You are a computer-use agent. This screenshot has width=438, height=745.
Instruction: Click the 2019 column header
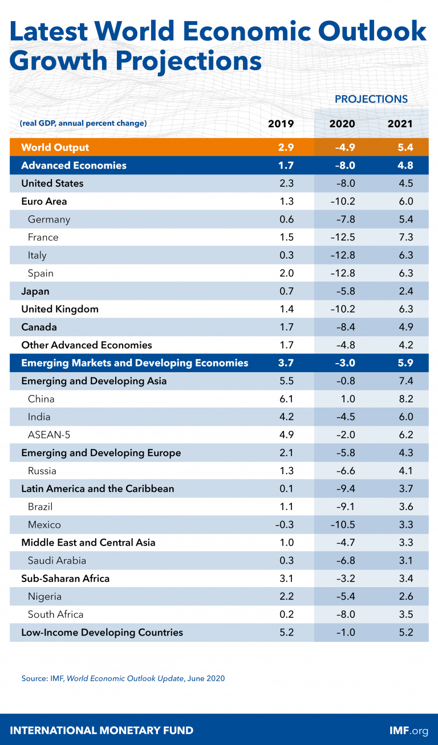281,124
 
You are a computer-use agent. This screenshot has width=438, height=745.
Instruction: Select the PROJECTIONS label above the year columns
371,99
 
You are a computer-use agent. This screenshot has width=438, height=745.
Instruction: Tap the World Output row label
55,148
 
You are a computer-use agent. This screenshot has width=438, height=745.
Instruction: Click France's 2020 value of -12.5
342,237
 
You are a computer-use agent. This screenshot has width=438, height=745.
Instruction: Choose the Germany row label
49,219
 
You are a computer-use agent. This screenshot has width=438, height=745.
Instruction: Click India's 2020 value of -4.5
342,417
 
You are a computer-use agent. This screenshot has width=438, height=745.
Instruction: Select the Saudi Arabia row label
57,560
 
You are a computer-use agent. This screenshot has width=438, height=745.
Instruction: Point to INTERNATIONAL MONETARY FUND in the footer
102,730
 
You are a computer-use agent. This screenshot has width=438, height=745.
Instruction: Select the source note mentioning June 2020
123,678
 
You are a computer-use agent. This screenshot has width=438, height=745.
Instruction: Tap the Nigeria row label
44,596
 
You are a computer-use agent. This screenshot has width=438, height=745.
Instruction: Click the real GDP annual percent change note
83,123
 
